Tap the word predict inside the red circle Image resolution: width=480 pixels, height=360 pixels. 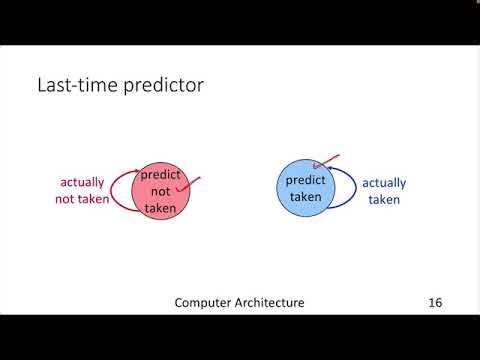(x=159, y=174)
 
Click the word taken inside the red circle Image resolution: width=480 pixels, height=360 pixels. (x=160, y=208)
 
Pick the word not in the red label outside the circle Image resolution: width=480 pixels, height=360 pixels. (x=65, y=198)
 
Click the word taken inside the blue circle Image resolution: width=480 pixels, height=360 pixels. (x=306, y=197)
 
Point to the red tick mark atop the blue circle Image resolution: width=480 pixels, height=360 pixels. (x=326, y=162)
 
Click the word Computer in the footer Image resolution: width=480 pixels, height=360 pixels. (x=204, y=302)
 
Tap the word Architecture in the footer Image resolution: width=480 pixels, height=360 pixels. (x=270, y=302)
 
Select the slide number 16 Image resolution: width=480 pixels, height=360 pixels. (x=434, y=302)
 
